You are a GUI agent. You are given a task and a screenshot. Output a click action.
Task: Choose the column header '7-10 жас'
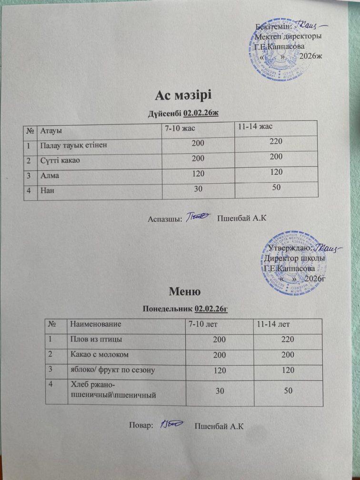click(180, 128)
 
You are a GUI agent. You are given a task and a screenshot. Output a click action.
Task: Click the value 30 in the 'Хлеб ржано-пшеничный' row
click(220, 390)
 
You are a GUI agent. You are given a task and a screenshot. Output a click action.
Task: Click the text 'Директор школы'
click(295, 258)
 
